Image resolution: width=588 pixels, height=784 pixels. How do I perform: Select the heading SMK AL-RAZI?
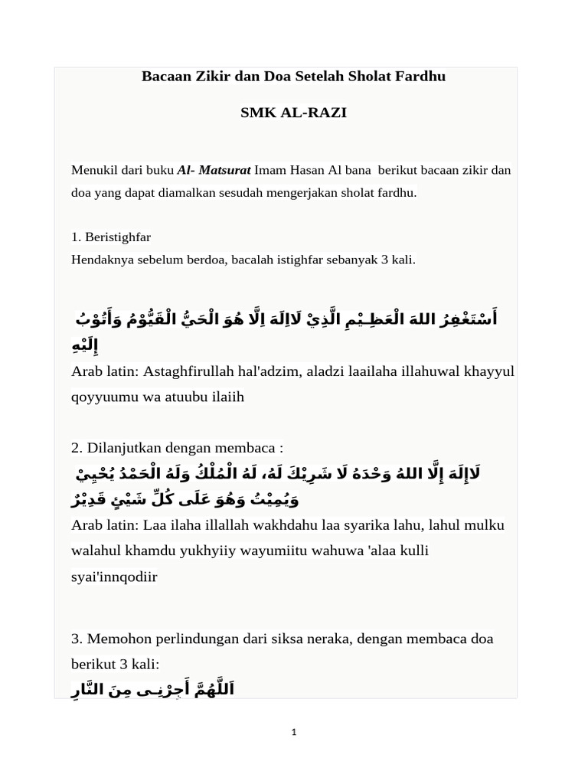[x=293, y=113]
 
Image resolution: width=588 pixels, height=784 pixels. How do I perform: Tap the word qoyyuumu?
[x=100, y=397]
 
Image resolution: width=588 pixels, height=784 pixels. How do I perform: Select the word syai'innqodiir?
[x=114, y=577]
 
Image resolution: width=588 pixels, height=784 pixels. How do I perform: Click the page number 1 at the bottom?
[x=294, y=733]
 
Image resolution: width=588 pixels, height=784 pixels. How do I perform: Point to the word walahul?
[x=97, y=550]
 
